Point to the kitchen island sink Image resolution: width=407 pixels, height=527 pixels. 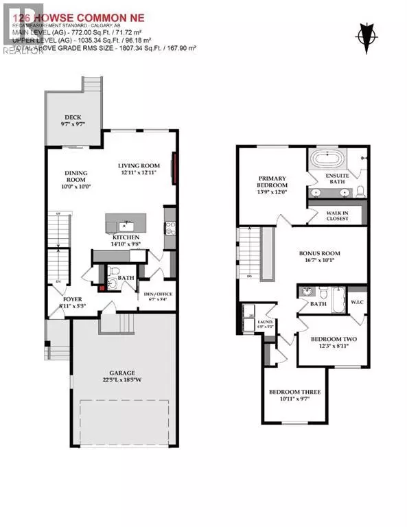(124, 224)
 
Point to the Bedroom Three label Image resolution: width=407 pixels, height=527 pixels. (294, 395)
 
